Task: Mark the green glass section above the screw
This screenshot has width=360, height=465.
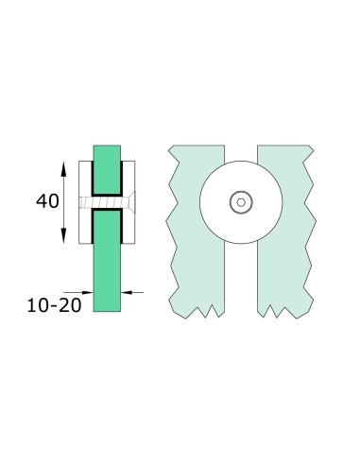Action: point(107,161)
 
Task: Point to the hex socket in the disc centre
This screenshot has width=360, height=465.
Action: point(241,200)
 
